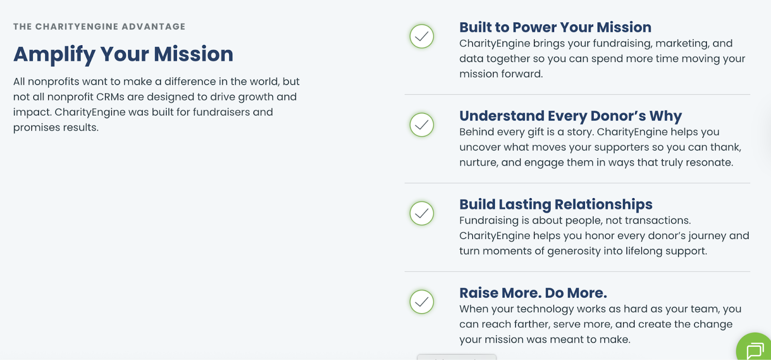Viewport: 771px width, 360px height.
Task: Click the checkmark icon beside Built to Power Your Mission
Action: [x=422, y=36]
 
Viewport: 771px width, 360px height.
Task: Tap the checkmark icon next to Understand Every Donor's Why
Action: [x=422, y=125]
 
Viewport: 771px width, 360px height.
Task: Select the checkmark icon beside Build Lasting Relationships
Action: [x=422, y=213]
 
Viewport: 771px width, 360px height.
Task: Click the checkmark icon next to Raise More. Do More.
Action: [x=422, y=302]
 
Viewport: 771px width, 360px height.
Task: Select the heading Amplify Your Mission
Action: [x=123, y=54]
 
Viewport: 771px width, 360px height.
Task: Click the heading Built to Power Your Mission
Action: [x=555, y=27]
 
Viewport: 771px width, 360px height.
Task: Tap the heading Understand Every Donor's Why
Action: [x=571, y=116]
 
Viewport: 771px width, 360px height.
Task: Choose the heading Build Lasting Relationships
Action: [x=556, y=204]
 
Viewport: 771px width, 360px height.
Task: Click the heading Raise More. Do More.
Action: [x=533, y=293]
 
